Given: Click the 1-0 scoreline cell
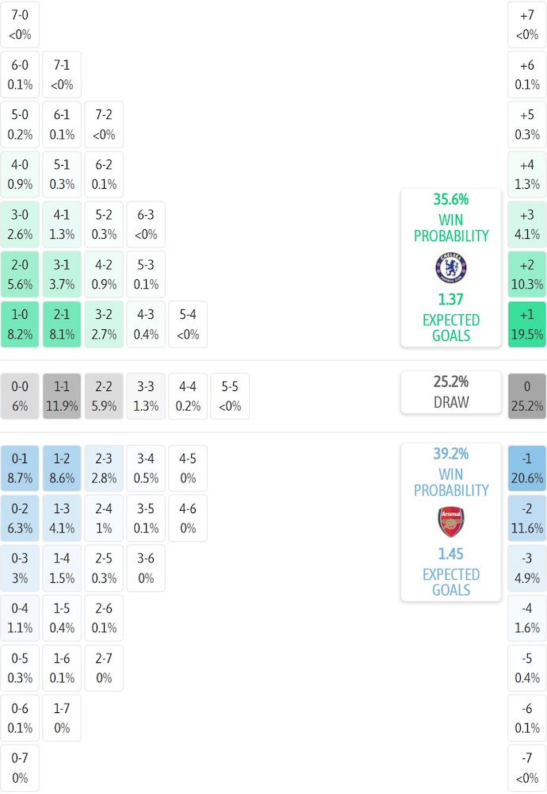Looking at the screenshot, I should point(21,324).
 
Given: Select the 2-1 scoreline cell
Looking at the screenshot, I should point(62,324).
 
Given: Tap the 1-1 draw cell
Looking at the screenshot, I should point(62,396).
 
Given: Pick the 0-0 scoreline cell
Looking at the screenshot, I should point(21,396).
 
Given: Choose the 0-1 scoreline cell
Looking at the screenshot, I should point(21,469).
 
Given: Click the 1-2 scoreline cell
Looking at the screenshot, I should point(62,469).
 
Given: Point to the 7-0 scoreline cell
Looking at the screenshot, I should point(21,25).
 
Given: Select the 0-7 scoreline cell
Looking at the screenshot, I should point(21,768).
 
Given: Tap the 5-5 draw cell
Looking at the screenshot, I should point(230,396).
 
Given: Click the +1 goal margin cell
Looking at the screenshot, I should point(526,324).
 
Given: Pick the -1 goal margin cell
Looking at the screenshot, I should point(526,469).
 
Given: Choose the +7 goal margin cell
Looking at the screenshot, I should point(526,25).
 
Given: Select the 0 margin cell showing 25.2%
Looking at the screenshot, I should point(526,396).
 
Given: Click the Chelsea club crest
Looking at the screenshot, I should point(451,267).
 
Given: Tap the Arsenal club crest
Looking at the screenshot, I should point(451,522).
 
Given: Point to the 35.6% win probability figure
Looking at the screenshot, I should point(451,200).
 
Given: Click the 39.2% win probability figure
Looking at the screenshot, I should point(451,455).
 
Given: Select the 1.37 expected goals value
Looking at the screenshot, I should point(451,300).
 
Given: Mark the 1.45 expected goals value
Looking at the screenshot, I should point(451,554).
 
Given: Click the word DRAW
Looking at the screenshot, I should point(451,402).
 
